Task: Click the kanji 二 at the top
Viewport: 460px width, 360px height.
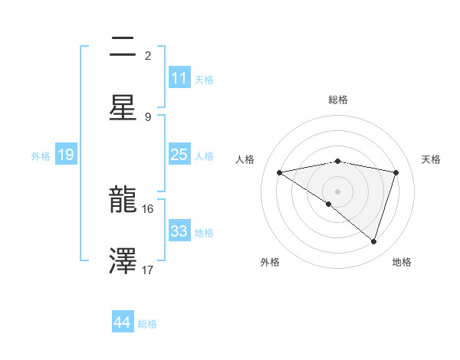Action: pyautogui.click(x=123, y=48)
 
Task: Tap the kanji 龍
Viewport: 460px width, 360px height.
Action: pyautogui.click(x=123, y=201)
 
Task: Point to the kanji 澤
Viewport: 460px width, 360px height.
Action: pyautogui.click(x=123, y=260)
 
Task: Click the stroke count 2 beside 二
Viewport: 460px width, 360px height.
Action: pyautogui.click(x=148, y=55)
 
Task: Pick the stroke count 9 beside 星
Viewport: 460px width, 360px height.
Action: pyautogui.click(x=148, y=116)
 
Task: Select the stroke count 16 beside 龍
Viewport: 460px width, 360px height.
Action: pyautogui.click(x=148, y=208)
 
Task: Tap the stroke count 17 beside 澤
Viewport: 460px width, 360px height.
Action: pyautogui.click(x=148, y=270)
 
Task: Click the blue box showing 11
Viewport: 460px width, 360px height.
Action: pyautogui.click(x=179, y=78)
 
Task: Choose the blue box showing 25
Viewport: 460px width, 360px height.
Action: pyautogui.click(x=179, y=155)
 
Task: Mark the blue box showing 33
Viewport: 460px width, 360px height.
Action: pyautogui.click(x=179, y=231)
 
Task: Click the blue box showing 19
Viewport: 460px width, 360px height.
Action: pyautogui.click(x=66, y=155)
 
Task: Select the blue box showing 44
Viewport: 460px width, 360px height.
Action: pyautogui.click(x=123, y=323)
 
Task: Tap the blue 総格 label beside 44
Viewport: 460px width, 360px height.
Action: pyautogui.click(x=147, y=324)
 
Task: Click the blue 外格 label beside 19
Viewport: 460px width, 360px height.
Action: pyautogui.click(x=41, y=155)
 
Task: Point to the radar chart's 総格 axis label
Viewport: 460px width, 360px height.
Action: pyautogui.click(x=337, y=100)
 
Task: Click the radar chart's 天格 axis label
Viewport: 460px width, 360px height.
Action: pyautogui.click(x=432, y=159)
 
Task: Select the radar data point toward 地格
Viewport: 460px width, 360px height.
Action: pyautogui.click(x=374, y=242)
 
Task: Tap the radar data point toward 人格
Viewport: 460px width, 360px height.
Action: pyautogui.click(x=279, y=172)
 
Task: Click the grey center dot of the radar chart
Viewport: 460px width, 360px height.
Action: pyautogui.click(x=337, y=191)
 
